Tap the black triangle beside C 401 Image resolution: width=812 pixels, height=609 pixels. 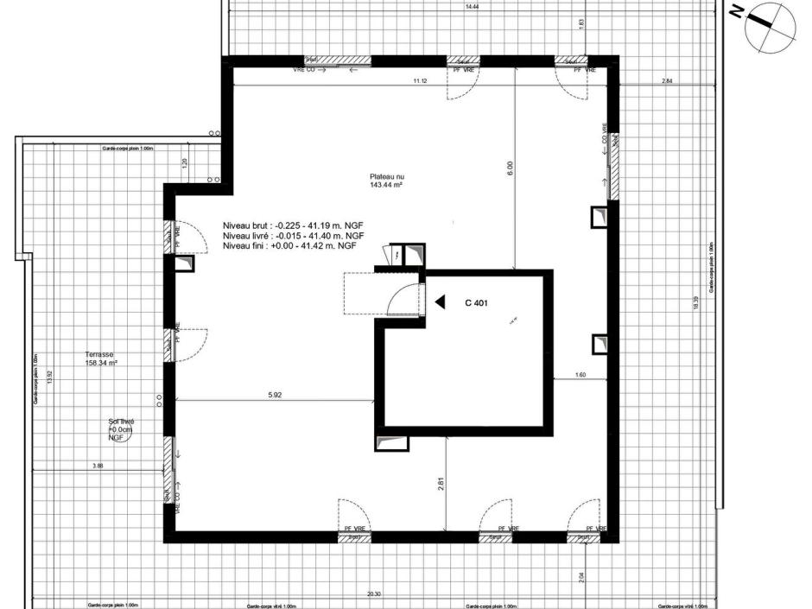[x=440, y=302]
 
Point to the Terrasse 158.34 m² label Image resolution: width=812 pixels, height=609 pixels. [x=101, y=358]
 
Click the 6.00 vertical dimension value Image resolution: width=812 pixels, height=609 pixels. [x=510, y=164]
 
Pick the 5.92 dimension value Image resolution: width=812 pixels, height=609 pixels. [x=276, y=395]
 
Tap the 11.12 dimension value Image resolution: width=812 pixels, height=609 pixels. [x=420, y=80]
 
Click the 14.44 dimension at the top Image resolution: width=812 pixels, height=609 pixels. [x=472, y=7]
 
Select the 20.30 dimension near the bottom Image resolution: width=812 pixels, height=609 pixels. [x=373, y=594]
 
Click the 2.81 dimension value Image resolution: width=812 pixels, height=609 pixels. [x=441, y=484]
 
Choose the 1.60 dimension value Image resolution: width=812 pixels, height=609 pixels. [x=580, y=374]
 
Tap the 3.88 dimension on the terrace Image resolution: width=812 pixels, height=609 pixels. [x=98, y=466]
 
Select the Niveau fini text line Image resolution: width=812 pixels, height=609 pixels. [x=289, y=245]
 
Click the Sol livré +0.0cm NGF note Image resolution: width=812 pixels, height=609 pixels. [x=120, y=429]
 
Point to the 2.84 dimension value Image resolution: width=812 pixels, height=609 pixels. [x=666, y=80]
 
